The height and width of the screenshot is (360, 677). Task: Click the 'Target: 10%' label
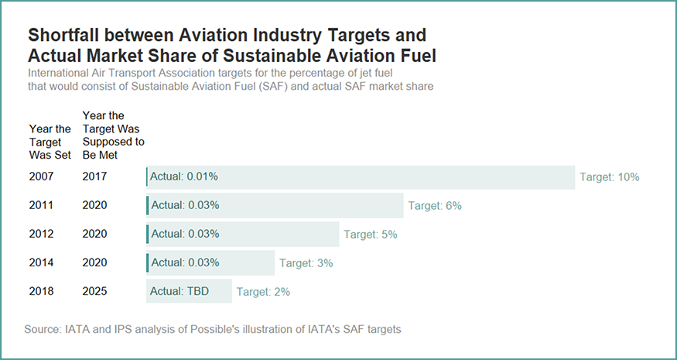click(x=609, y=177)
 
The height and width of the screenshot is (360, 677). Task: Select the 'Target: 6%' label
click(x=435, y=205)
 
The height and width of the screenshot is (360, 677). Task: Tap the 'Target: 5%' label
click(x=371, y=234)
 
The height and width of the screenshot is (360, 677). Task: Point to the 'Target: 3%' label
click(x=306, y=262)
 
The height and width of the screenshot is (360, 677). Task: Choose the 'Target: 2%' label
click(x=263, y=292)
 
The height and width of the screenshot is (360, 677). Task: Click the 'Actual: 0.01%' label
click(x=184, y=177)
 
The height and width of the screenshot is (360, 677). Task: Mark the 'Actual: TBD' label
click(x=180, y=292)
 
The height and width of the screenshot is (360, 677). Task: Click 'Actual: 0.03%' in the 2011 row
click(x=185, y=205)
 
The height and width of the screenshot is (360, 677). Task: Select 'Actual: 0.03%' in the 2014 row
click(x=185, y=262)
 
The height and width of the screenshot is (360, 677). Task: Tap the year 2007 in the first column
click(x=41, y=177)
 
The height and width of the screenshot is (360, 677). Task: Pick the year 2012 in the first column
click(x=41, y=234)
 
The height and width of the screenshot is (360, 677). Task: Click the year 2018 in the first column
click(x=41, y=292)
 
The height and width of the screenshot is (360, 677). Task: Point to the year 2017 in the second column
click(x=94, y=177)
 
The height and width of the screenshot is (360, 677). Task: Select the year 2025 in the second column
click(x=94, y=292)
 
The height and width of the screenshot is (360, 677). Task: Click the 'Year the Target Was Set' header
click(x=50, y=142)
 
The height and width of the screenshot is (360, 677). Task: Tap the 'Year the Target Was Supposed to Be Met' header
click(x=113, y=135)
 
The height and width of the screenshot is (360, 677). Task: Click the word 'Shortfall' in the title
click(x=64, y=36)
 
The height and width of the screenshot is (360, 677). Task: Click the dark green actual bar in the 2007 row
click(x=146, y=177)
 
